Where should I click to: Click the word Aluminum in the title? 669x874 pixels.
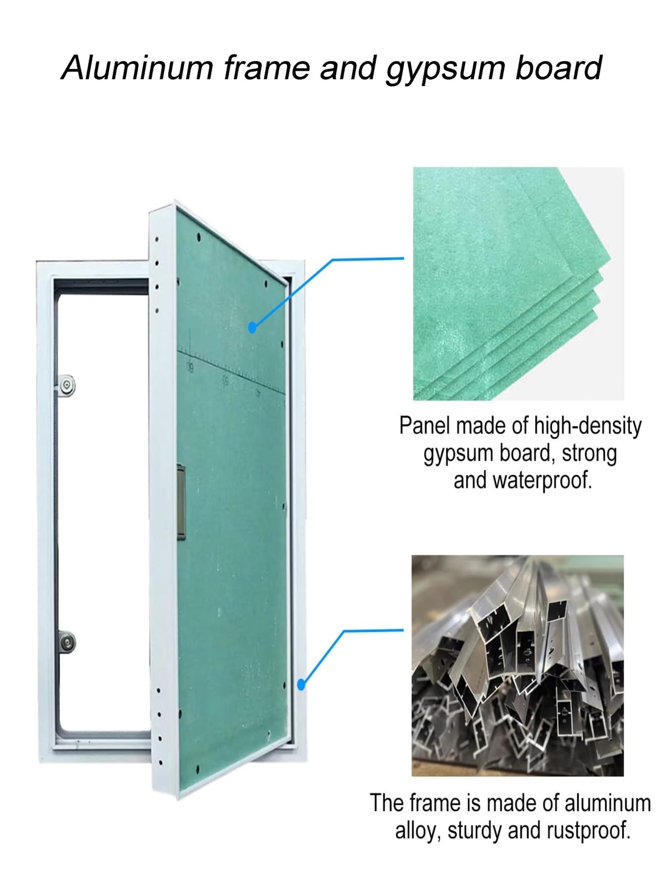137,68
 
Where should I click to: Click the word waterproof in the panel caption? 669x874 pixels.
542,481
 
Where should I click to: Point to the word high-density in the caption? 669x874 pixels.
588,426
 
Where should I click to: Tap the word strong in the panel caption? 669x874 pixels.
589,454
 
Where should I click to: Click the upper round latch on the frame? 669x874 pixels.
67,385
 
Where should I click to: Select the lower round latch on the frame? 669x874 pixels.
67,643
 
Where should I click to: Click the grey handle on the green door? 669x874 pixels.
181,502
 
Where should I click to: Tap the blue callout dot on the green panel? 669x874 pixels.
252,328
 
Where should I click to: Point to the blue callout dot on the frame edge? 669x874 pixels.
301,684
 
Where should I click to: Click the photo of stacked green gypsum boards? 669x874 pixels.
518,283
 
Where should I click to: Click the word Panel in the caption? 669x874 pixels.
425,426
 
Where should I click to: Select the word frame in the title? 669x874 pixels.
266,68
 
